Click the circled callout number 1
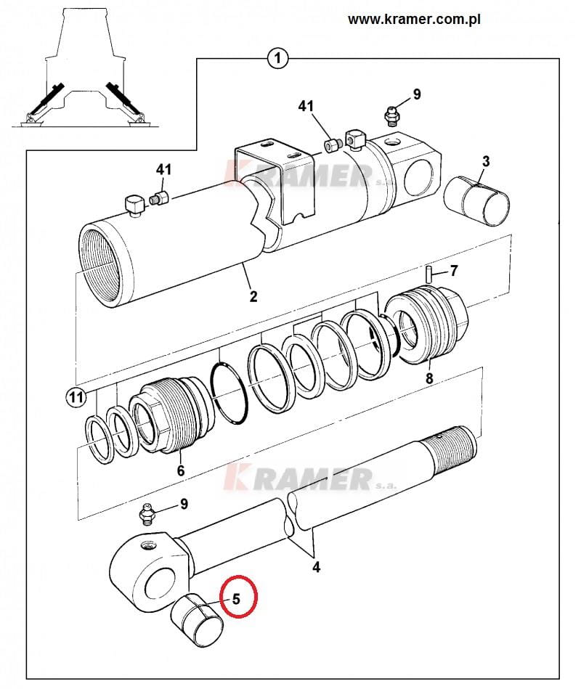[x=277, y=58]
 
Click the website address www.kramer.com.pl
[x=413, y=20]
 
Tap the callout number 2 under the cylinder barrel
[x=253, y=295]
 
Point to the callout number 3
[x=486, y=161]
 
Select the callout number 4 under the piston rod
[x=317, y=567]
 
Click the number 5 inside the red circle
[x=237, y=598]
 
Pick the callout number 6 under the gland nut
[x=181, y=470]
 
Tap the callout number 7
[x=454, y=270]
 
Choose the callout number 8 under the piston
[x=429, y=378]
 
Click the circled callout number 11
[x=76, y=398]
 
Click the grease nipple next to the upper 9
[x=391, y=116]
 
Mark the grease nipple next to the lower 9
[x=147, y=514]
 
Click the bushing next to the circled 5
[x=196, y=619]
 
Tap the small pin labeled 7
[x=428, y=273]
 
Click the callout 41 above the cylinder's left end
[x=164, y=169]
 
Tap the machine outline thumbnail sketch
[x=84, y=68]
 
